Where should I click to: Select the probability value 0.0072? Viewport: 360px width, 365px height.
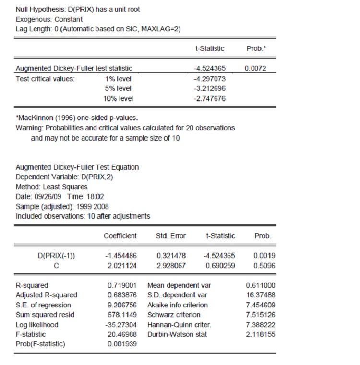254,69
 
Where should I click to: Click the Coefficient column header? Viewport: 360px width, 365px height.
120,236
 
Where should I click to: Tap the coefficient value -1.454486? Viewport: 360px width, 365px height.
120,256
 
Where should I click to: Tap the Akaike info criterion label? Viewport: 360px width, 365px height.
178,305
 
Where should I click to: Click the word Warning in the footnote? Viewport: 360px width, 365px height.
28,128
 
